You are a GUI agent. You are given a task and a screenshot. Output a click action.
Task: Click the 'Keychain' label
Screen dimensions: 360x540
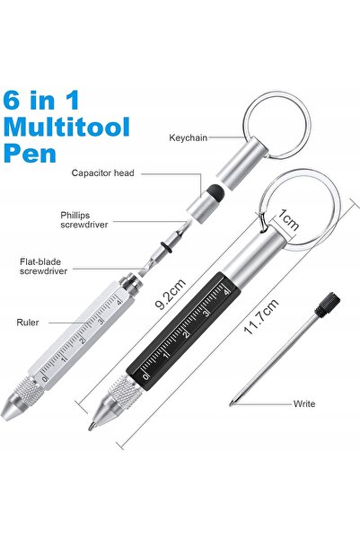pyautogui.click(x=189, y=137)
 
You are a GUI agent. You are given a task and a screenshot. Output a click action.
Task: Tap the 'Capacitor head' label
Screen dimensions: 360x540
pyautogui.click(x=102, y=173)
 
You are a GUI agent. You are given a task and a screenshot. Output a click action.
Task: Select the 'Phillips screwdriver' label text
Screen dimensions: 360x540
pyautogui.click(x=84, y=220)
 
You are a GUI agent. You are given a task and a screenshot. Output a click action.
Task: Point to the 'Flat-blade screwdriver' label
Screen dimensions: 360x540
pyautogui.click(x=43, y=266)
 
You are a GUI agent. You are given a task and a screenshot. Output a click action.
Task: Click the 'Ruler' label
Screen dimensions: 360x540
pyautogui.click(x=28, y=323)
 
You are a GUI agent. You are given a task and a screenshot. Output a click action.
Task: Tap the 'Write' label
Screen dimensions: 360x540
pyautogui.click(x=304, y=403)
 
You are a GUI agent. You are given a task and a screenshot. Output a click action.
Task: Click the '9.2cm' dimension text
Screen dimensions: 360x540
pyautogui.click(x=170, y=294)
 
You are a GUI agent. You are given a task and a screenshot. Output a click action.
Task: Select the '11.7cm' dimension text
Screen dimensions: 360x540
pyautogui.click(x=261, y=317)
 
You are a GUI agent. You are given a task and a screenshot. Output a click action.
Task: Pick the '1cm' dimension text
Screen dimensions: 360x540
pyautogui.click(x=288, y=219)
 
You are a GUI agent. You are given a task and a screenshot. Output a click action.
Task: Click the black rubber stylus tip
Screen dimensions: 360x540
pyautogui.click(x=216, y=192)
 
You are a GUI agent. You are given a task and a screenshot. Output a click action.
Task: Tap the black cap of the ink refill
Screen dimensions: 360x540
pyautogui.click(x=327, y=305)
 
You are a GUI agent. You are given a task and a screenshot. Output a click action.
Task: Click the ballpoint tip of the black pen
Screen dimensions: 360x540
pyautogui.click(x=91, y=427)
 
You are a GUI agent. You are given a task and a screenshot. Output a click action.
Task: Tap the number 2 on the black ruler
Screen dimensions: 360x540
pyautogui.click(x=186, y=333)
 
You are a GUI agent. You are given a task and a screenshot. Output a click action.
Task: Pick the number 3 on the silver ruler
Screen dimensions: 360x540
pyautogui.click(x=101, y=322)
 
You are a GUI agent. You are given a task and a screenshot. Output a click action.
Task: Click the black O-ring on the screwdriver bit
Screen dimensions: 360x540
pyautogui.click(x=166, y=248)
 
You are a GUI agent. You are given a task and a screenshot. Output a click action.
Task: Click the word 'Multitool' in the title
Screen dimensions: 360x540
pyautogui.click(x=66, y=128)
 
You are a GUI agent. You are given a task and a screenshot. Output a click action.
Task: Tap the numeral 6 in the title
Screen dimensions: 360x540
pyautogui.click(x=12, y=100)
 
